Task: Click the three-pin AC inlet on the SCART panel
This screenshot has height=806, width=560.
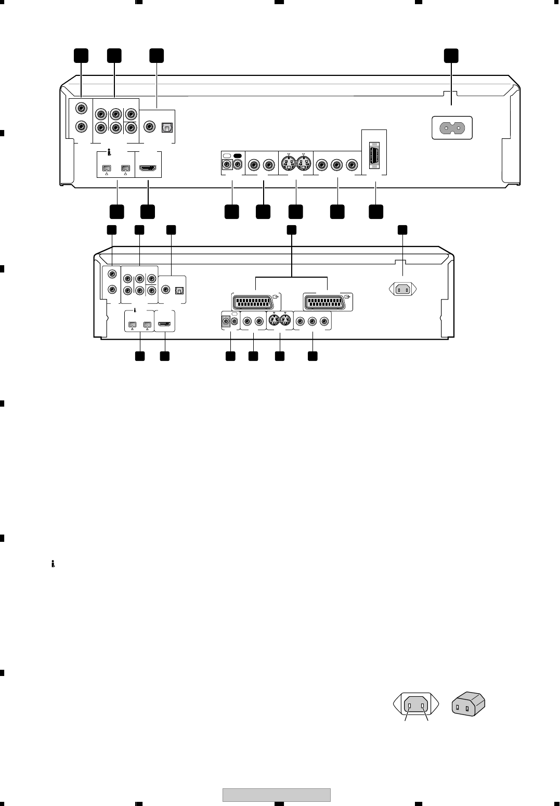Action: click(x=403, y=290)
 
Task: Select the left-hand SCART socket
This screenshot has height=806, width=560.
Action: click(x=254, y=302)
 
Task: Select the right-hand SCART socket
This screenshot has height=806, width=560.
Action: click(x=327, y=302)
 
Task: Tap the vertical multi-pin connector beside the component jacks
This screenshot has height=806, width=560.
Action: click(x=374, y=154)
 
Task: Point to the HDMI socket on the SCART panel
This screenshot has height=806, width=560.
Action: click(x=164, y=326)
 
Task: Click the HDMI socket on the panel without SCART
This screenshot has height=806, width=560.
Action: click(x=148, y=168)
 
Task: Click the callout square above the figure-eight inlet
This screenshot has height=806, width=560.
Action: click(x=451, y=56)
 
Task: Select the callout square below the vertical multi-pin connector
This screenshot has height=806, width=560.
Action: click(x=376, y=211)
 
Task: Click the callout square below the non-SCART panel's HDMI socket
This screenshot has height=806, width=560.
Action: click(x=148, y=211)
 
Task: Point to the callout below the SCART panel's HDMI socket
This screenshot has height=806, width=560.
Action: click(x=165, y=356)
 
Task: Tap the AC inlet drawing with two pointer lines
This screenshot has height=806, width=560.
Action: click(x=416, y=706)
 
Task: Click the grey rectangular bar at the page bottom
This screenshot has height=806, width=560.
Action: click(x=277, y=795)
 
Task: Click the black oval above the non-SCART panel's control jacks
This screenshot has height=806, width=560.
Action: click(x=238, y=156)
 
